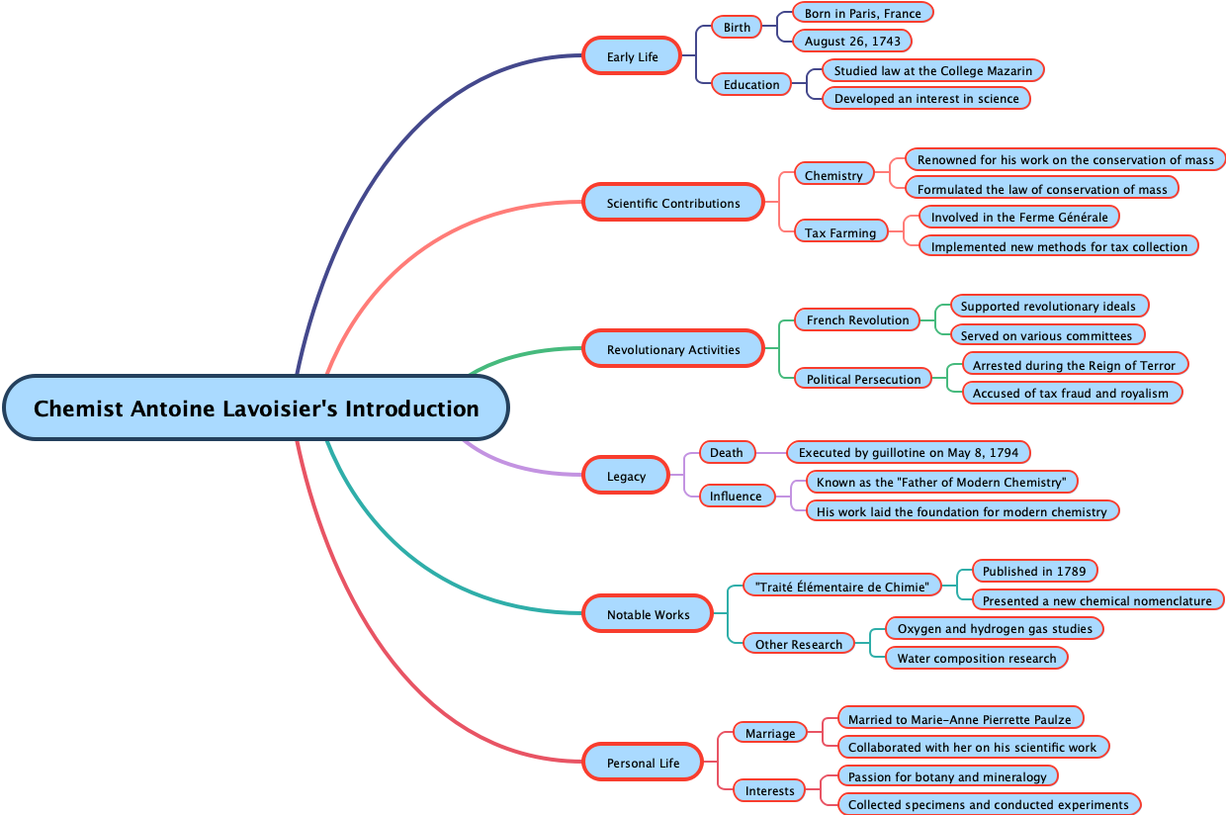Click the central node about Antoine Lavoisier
click(x=256, y=408)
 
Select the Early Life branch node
click(x=632, y=56)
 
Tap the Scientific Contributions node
click(x=672, y=203)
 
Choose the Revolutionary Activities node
click(x=672, y=349)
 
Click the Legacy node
click(x=626, y=476)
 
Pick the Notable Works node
click(x=648, y=614)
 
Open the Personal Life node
click(x=643, y=763)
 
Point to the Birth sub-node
click(x=737, y=27)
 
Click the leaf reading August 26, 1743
click(x=851, y=42)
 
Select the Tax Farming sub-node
click(x=839, y=232)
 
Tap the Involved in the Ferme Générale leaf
click(x=1018, y=217)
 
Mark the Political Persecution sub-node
click(x=863, y=379)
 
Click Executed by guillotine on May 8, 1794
click(x=908, y=452)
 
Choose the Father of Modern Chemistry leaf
click(x=940, y=482)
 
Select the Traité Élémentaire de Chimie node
click(x=841, y=587)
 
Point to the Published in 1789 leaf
click(x=1033, y=571)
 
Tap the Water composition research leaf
click(x=976, y=658)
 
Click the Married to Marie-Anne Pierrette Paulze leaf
click(x=959, y=719)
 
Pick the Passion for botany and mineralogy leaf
click(x=946, y=776)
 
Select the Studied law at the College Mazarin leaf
click(x=932, y=70)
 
